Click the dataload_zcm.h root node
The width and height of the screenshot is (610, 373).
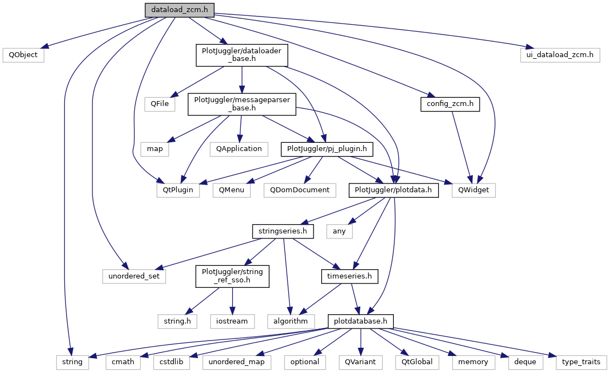coord(179,9)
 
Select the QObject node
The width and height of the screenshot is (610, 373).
coord(23,55)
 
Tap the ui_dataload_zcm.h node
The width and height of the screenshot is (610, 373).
coord(559,55)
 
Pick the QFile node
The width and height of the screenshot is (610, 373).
coord(160,103)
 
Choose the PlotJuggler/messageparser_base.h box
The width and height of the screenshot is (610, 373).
coord(242,103)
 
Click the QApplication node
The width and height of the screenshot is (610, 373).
coord(238,148)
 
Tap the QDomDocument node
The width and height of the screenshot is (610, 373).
coord(299,190)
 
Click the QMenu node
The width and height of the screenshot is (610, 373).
coord(232,190)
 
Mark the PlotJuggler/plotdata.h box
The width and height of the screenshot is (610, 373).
coord(393,190)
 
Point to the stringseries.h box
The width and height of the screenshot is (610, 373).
coord(283,231)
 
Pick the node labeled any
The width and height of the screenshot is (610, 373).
coord(339,231)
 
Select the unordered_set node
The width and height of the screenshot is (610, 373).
coord(134,276)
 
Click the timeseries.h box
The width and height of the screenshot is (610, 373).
coord(349,276)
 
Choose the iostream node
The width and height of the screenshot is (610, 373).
coord(232,320)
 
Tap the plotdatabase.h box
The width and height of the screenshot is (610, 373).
coord(361,320)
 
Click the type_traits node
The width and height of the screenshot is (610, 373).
coord(581,361)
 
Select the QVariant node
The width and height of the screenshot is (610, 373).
coord(360,361)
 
